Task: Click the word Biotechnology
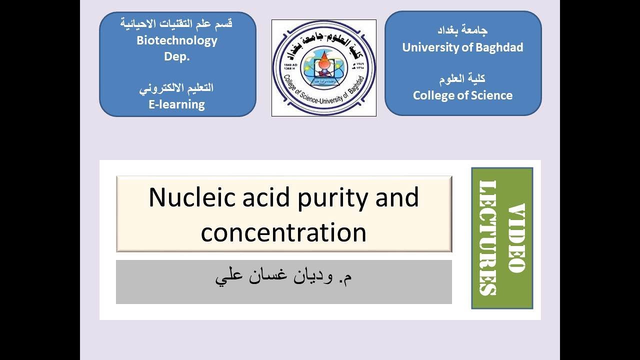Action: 177,40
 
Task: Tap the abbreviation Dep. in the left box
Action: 177,56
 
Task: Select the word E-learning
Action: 177,104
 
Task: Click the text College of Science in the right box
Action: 462,95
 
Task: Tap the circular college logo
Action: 323,68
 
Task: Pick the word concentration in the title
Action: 283,232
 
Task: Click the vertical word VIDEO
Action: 516,237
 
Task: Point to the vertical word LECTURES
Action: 488,237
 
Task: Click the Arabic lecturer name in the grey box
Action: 283,276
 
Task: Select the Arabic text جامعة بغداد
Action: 462,30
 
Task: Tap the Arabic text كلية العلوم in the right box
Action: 462,78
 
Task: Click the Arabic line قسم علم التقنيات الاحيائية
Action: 177,23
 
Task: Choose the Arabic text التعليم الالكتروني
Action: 177,87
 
